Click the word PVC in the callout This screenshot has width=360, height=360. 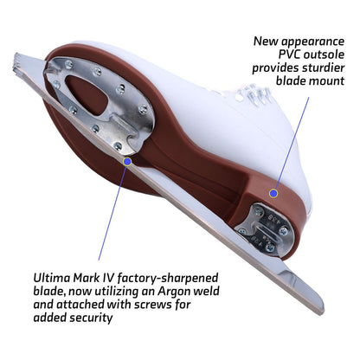coord(289,55)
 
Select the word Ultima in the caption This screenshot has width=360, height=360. coord(52,278)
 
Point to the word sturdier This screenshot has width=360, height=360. coord(323,67)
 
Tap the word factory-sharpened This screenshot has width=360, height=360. coord(168,279)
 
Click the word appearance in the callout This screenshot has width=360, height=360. coord(312,42)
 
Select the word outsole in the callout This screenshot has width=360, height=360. coord(324,55)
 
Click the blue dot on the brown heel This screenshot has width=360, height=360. coord(273,193)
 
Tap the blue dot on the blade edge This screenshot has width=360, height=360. coord(127,162)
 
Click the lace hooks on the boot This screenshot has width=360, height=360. coord(253,93)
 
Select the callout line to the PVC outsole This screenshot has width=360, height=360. coord(292,144)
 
